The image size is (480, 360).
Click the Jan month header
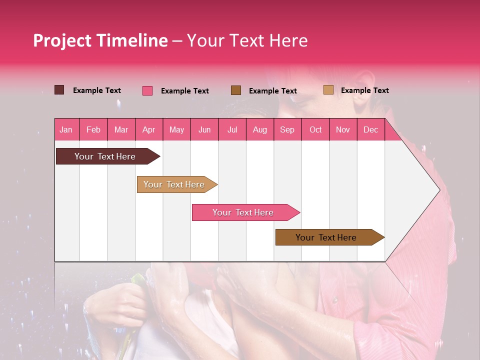[x=66, y=129]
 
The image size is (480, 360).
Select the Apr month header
[x=148, y=129]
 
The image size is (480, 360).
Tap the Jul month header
[x=232, y=129]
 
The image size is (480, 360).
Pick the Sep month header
[x=287, y=129]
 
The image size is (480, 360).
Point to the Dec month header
[x=370, y=129]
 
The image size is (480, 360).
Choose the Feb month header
[x=93, y=129]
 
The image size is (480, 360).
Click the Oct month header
[x=315, y=129]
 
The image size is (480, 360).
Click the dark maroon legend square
[x=59, y=90]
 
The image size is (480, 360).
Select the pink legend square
[x=147, y=90]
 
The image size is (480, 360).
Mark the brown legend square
[x=236, y=90]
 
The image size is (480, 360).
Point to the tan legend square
[x=328, y=90]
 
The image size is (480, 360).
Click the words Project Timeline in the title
[x=100, y=40]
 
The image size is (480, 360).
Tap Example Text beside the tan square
[x=364, y=90]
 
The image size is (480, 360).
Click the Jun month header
[x=204, y=129]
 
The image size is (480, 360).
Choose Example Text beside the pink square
[x=184, y=91]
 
